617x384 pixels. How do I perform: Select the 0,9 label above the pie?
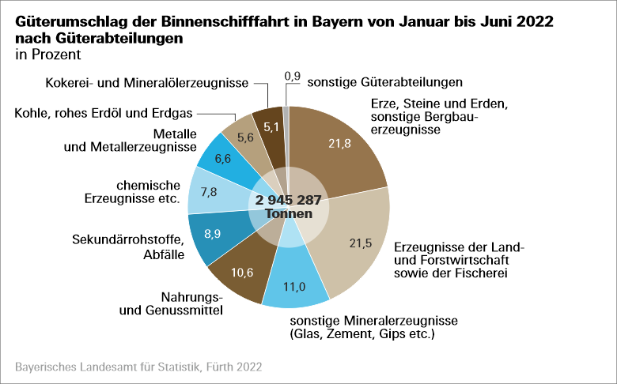tap(292, 77)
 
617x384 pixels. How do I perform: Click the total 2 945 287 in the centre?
tap(288, 200)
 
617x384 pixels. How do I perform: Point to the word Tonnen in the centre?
tap(288, 214)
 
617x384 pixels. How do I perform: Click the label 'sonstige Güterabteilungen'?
tap(384, 81)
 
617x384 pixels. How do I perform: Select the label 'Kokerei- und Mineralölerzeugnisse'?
tap(147, 82)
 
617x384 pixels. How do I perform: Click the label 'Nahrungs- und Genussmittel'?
tap(170, 303)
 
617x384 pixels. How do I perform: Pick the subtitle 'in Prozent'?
tap(47, 55)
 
